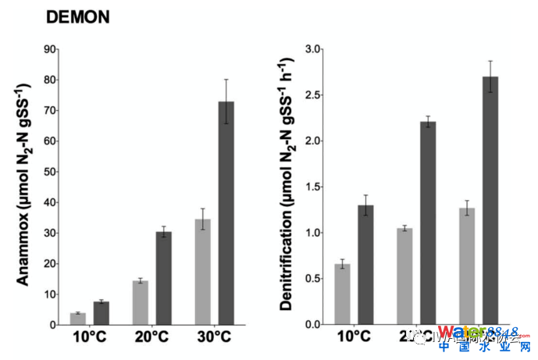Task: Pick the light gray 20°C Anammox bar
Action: pyautogui.click(x=141, y=303)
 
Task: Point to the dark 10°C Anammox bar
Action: pyautogui.click(x=102, y=313)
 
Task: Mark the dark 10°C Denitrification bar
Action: pyautogui.click(x=365, y=265)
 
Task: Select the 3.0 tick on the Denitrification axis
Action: pyautogui.click(x=312, y=49)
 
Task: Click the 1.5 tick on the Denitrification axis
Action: pyautogui.click(x=312, y=187)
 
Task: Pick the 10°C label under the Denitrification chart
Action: pyautogui.click(x=354, y=337)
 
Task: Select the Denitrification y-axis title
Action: pyautogui.click(x=287, y=184)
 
